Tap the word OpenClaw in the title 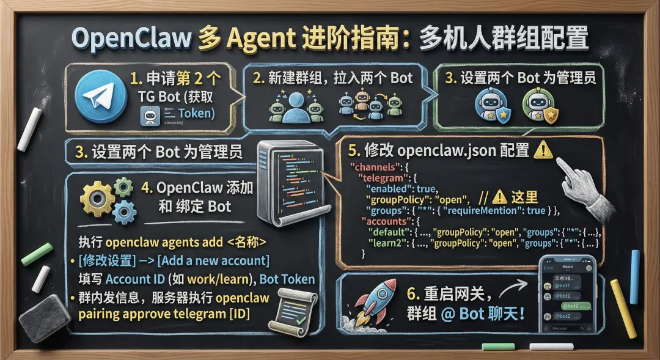click(130, 38)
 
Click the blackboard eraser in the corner click(45, 317)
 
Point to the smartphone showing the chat click(567, 294)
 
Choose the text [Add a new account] click(213, 261)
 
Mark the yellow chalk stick click(623, 300)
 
